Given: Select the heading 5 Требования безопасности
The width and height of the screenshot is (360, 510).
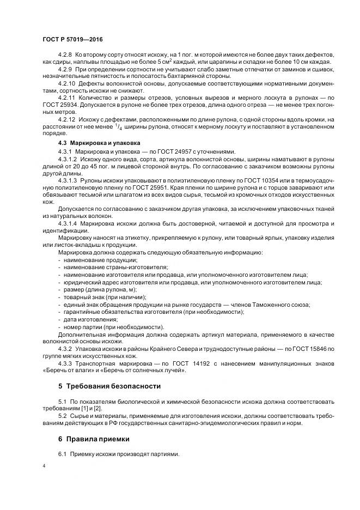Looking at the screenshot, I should coord(109,386).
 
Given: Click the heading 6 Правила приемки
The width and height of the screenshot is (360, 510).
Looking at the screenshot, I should coord(94,439).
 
